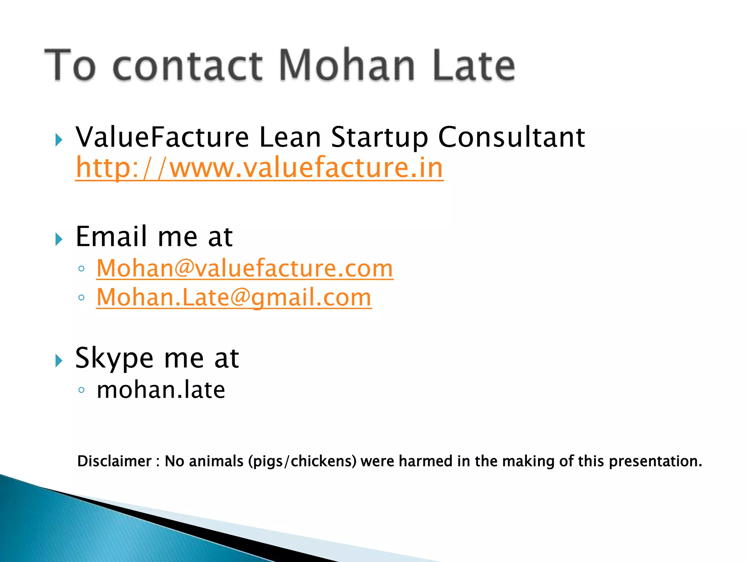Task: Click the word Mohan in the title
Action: [347, 65]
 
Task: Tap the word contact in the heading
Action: [187, 66]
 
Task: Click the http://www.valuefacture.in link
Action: [259, 168]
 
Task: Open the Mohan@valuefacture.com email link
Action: [245, 268]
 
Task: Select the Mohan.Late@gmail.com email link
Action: [234, 297]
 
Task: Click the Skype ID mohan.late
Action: [161, 390]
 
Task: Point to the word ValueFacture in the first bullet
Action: [162, 137]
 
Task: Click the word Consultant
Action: [511, 137]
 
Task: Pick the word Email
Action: [111, 236]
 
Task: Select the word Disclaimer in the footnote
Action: [114, 461]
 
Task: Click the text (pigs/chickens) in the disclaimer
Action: [302, 461]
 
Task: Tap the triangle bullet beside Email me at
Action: [59, 239]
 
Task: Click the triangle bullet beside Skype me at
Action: [59, 361]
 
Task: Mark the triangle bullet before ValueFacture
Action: [59, 140]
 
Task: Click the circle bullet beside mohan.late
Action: [82, 390]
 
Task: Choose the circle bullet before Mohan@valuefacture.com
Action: [82, 269]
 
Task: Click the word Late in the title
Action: [474, 65]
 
